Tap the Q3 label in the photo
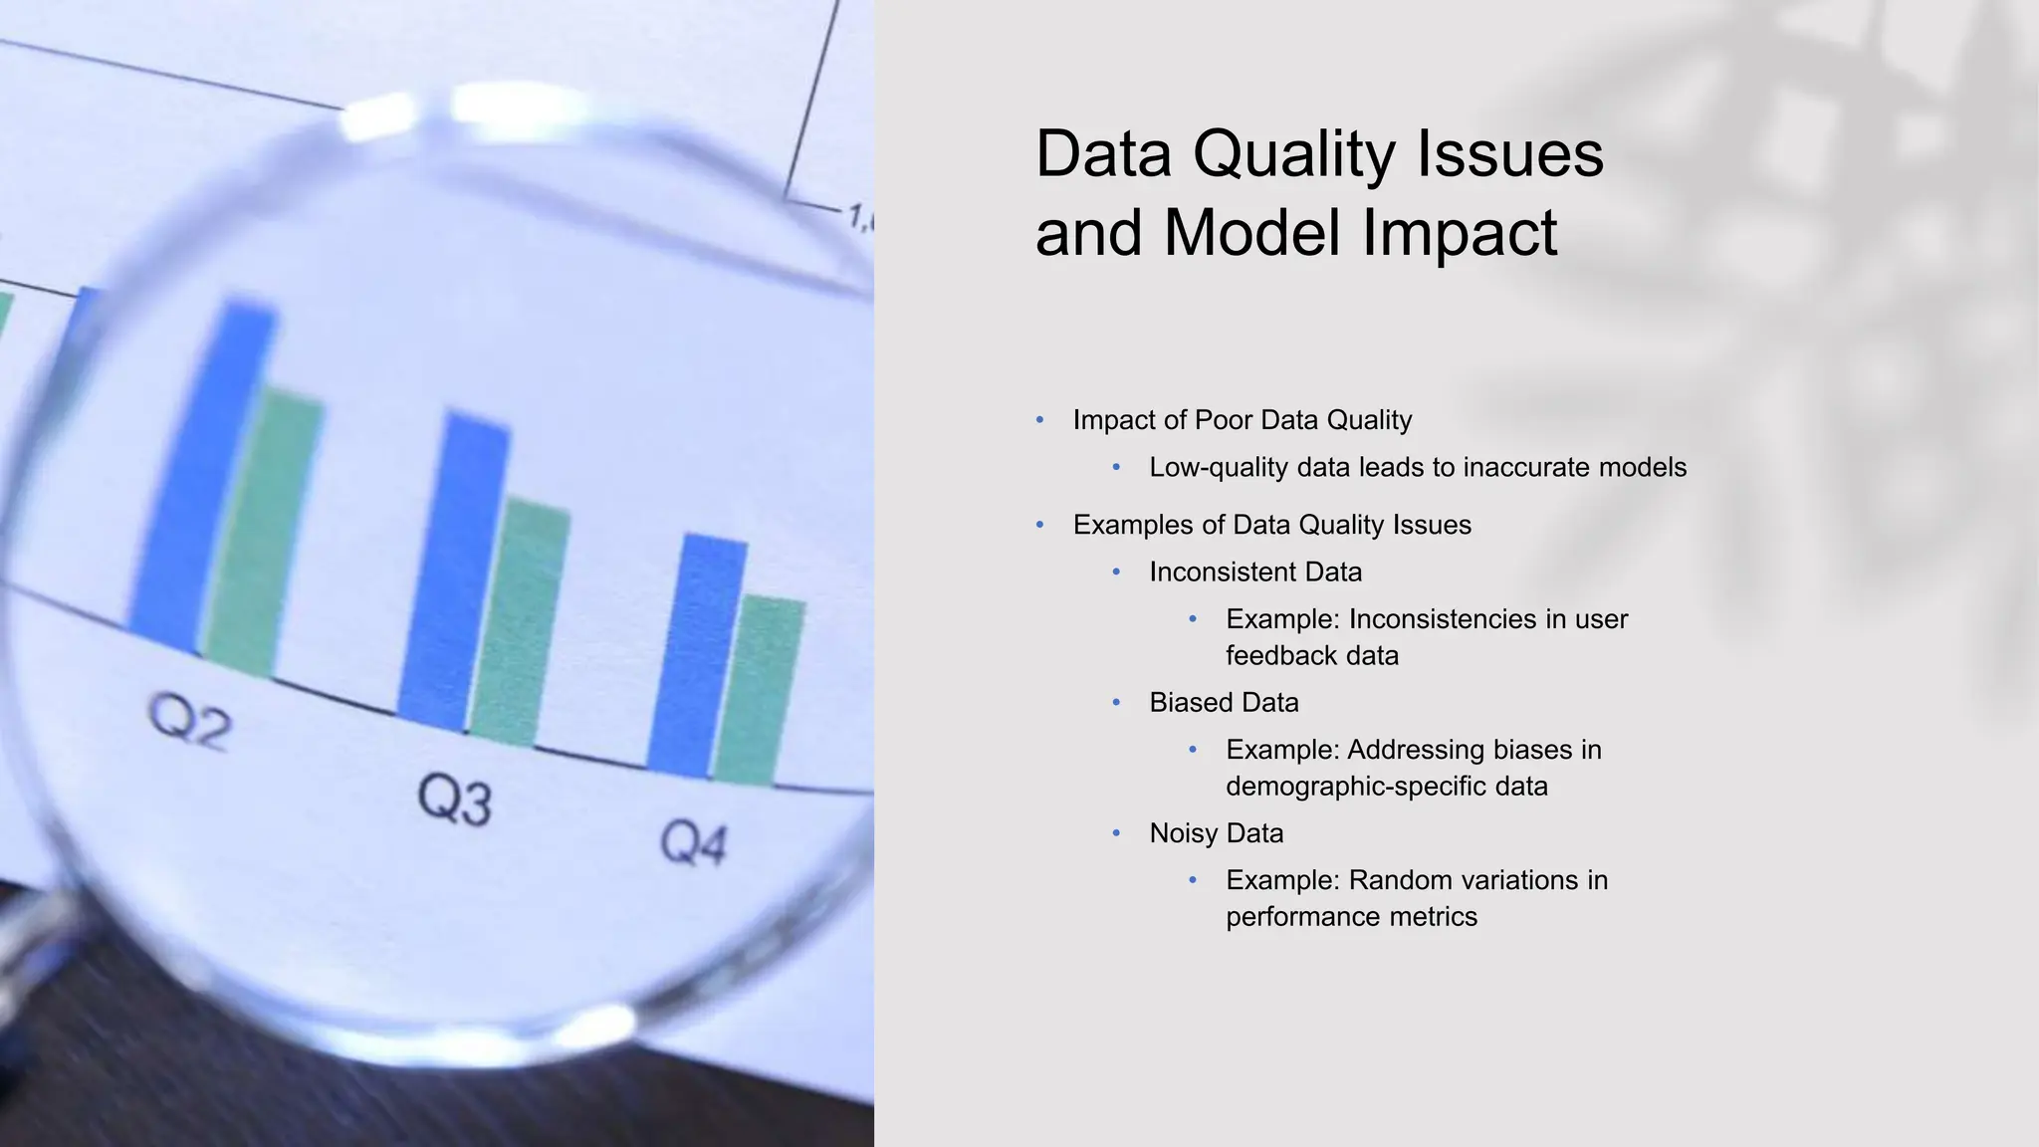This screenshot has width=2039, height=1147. click(455, 800)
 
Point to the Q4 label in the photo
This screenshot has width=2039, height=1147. click(694, 844)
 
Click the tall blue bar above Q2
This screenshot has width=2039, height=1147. click(204, 478)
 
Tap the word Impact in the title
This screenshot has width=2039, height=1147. click(1459, 232)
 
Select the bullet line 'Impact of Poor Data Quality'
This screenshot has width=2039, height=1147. click(1242, 420)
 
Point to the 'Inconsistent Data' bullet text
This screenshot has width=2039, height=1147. click(1255, 572)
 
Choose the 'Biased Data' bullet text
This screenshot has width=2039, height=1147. click(1224, 702)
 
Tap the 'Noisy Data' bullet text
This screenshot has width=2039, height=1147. click(1216, 832)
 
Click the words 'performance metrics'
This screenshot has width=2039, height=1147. click(1351, 916)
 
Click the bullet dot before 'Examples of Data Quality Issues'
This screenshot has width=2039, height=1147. click(1039, 525)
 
